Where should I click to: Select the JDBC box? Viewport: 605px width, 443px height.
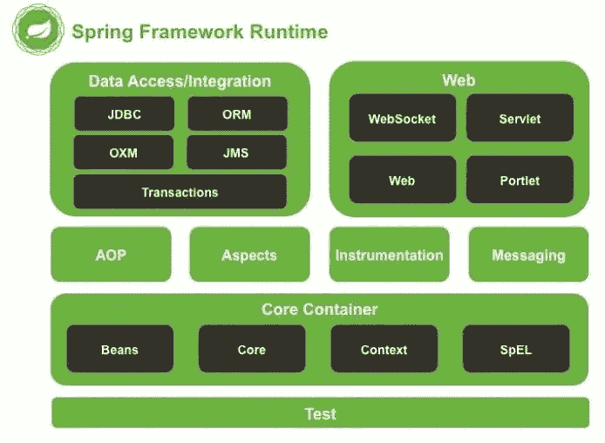click(x=124, y=114)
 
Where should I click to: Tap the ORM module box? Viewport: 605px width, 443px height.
click(x=237, y=114)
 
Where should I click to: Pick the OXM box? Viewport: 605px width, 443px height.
click(x=124, y=153)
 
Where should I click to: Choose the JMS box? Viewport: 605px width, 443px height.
click(x=237, y=153)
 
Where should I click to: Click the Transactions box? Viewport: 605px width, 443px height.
click(x=180, y=192)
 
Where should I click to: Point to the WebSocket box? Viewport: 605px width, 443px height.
click(x=402, y=119)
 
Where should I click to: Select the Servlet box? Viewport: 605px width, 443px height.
click(x=520, y=119)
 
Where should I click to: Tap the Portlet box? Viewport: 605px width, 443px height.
click(x=520, y=181)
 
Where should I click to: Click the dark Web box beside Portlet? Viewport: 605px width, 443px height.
click(x=402, y=181)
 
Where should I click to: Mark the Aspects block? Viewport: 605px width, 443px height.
click(x=249, y=255)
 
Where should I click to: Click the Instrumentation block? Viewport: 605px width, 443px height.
click(x=389, y=255)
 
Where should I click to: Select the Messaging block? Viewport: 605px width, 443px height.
click(x=528, y=255)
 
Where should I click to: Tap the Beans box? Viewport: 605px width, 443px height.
click(x=119, y=349)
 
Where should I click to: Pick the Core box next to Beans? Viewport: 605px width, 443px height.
click(x=251, y=349)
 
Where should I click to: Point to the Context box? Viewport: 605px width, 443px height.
click(x=384, y=349)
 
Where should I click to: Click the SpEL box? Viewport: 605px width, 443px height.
click(x=516, y=349)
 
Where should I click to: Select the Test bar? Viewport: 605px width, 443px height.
click(x=320, y=413)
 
